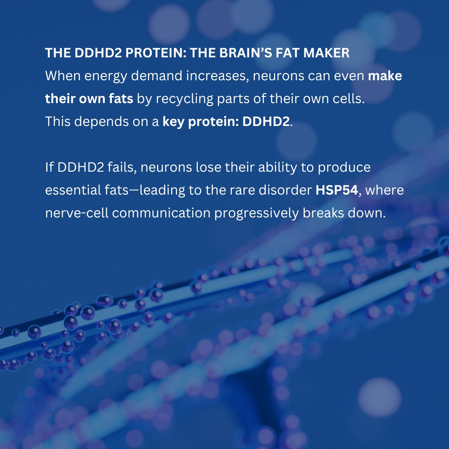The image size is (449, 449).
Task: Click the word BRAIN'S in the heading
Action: (x=247, y=53)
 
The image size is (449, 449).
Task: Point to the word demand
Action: (x=159, y=76)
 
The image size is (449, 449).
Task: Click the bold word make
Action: (x=385, y=76)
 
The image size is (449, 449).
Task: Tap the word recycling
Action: (x=182, y=99)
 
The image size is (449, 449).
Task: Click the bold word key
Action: (x=174, y=122)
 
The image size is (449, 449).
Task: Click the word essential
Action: (x=73, y=190)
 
